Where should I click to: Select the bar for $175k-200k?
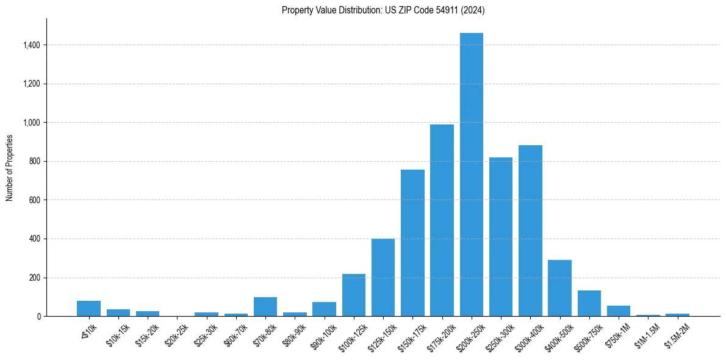pyautogui.click(x=442, y=220)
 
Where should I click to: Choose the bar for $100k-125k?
pyautogui.click(x=354, y=295)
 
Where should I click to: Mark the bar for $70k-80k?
pyautogui.click(x=265, y=307)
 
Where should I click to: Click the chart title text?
pyautogui.click(x=383, y=10)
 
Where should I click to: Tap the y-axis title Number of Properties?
pyautogui.click(x=10, y=168)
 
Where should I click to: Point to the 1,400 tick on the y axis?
pyautogui.click(x=32, y=45)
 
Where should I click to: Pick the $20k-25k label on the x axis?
pyautogui.click(x=177, y=334)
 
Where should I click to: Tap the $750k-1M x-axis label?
pyautogui.click(x=618, y=334)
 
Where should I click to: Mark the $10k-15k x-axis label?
pyautogui.click(x=118, y=334)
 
